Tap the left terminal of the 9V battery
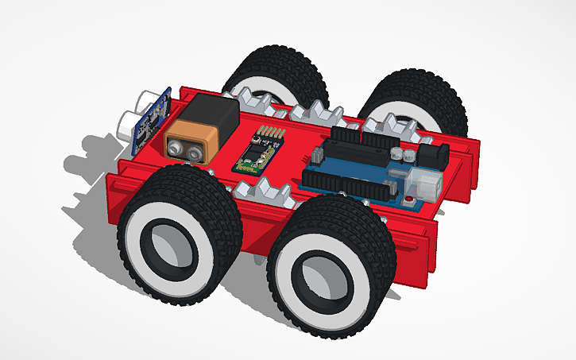[x=176, y=146]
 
